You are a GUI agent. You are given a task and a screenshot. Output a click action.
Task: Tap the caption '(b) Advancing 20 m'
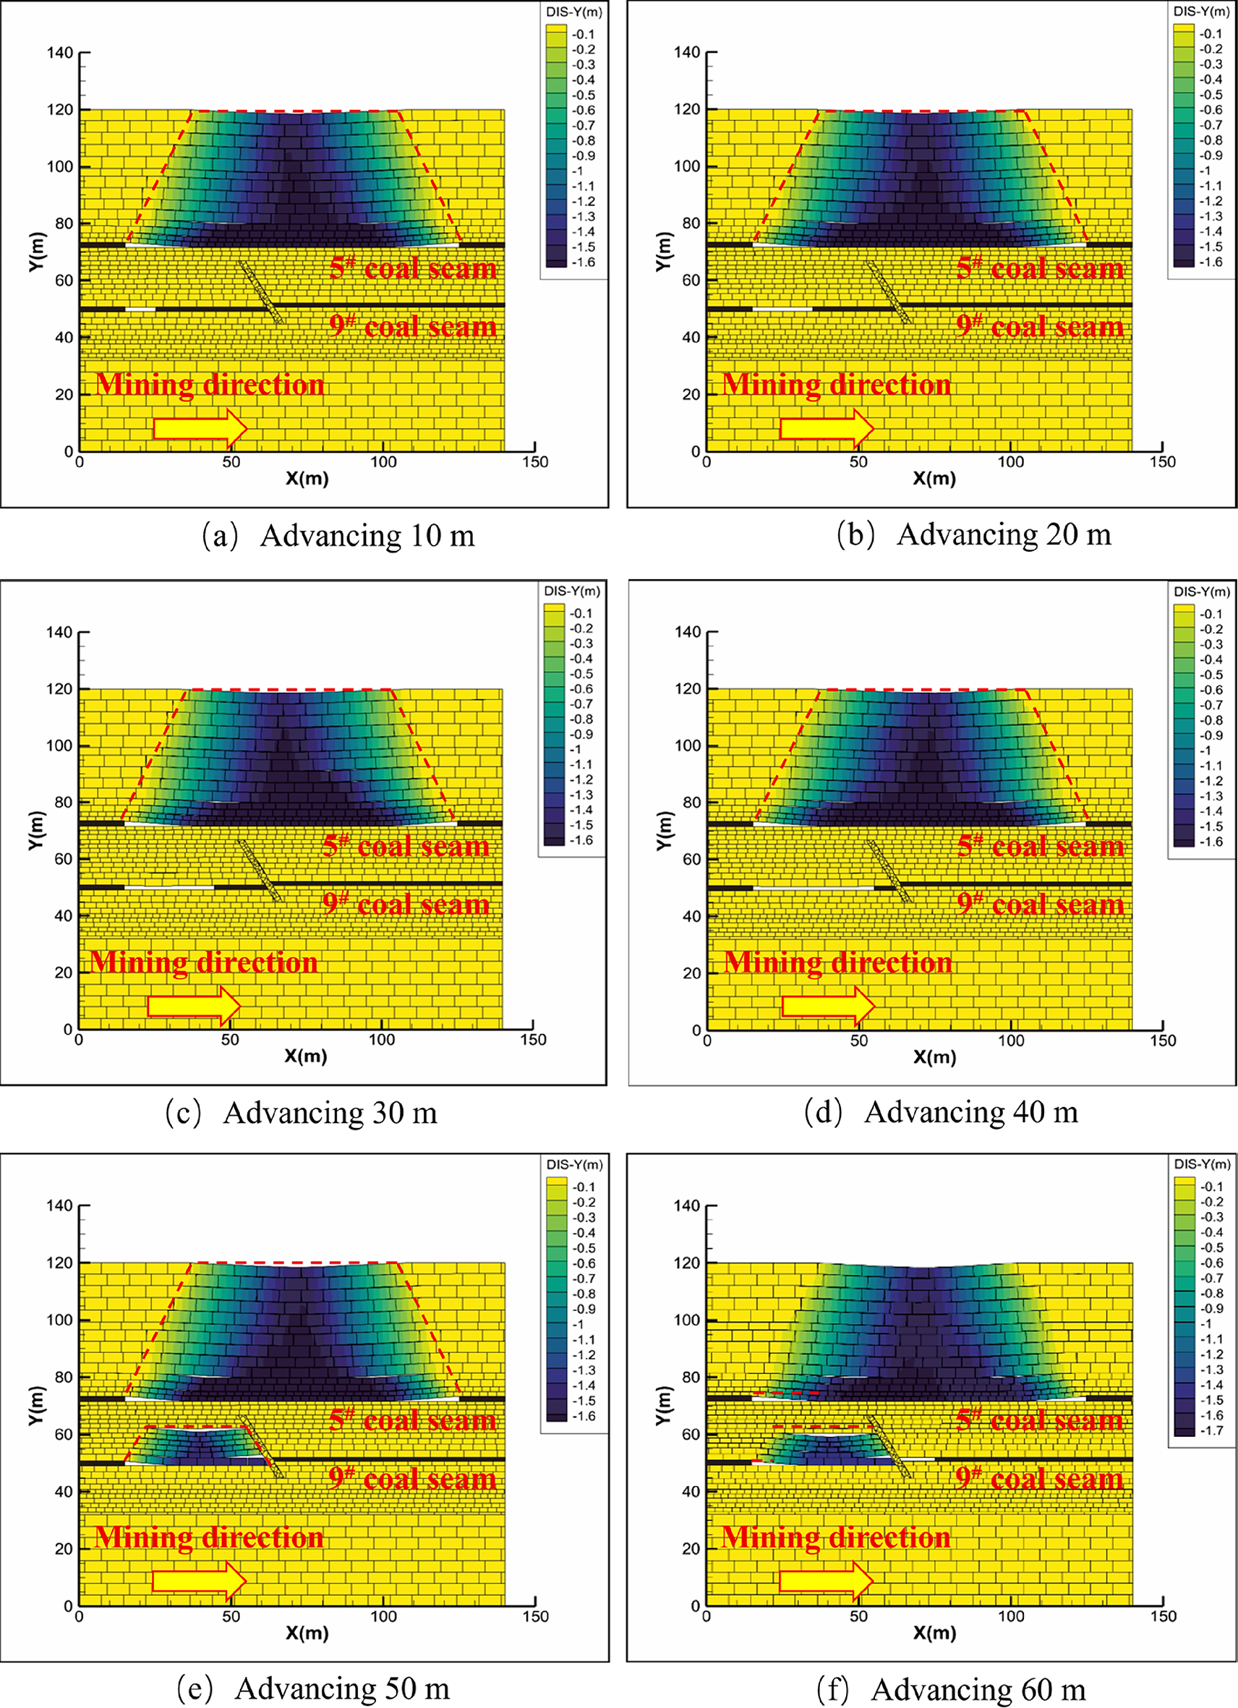click(973, 534)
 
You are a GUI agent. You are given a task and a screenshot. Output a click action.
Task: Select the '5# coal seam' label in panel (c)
click(406, 846)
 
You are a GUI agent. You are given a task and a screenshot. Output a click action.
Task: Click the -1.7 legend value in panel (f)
click(1213, 1430)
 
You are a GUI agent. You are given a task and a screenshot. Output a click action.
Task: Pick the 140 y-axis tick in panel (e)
click(59, 1205)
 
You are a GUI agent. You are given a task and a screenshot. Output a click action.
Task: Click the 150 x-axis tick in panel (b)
click(1162, 461)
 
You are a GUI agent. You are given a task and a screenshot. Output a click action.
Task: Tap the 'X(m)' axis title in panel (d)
click(934, 1056)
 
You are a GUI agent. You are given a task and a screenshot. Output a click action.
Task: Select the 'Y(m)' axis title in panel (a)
click(38, 252)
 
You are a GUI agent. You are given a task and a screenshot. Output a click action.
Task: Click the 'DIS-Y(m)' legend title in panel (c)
click(572, 592)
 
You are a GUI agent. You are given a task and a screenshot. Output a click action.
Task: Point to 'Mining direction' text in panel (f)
click(836, 1537)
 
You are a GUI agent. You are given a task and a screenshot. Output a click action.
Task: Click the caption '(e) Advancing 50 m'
click(313, 1688)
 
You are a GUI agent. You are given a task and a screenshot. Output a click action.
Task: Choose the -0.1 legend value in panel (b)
click(1212, 34)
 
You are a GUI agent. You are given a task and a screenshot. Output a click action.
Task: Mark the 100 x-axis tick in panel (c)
click(381, 1039)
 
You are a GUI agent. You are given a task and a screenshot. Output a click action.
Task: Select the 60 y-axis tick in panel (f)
click(691, 1435)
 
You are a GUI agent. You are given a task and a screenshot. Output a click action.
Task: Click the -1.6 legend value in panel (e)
click(584, 1416)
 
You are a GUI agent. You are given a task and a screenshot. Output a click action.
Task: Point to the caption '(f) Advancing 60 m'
click(950, 1689)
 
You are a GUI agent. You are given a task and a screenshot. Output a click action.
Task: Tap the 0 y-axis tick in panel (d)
click(696, 1030)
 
